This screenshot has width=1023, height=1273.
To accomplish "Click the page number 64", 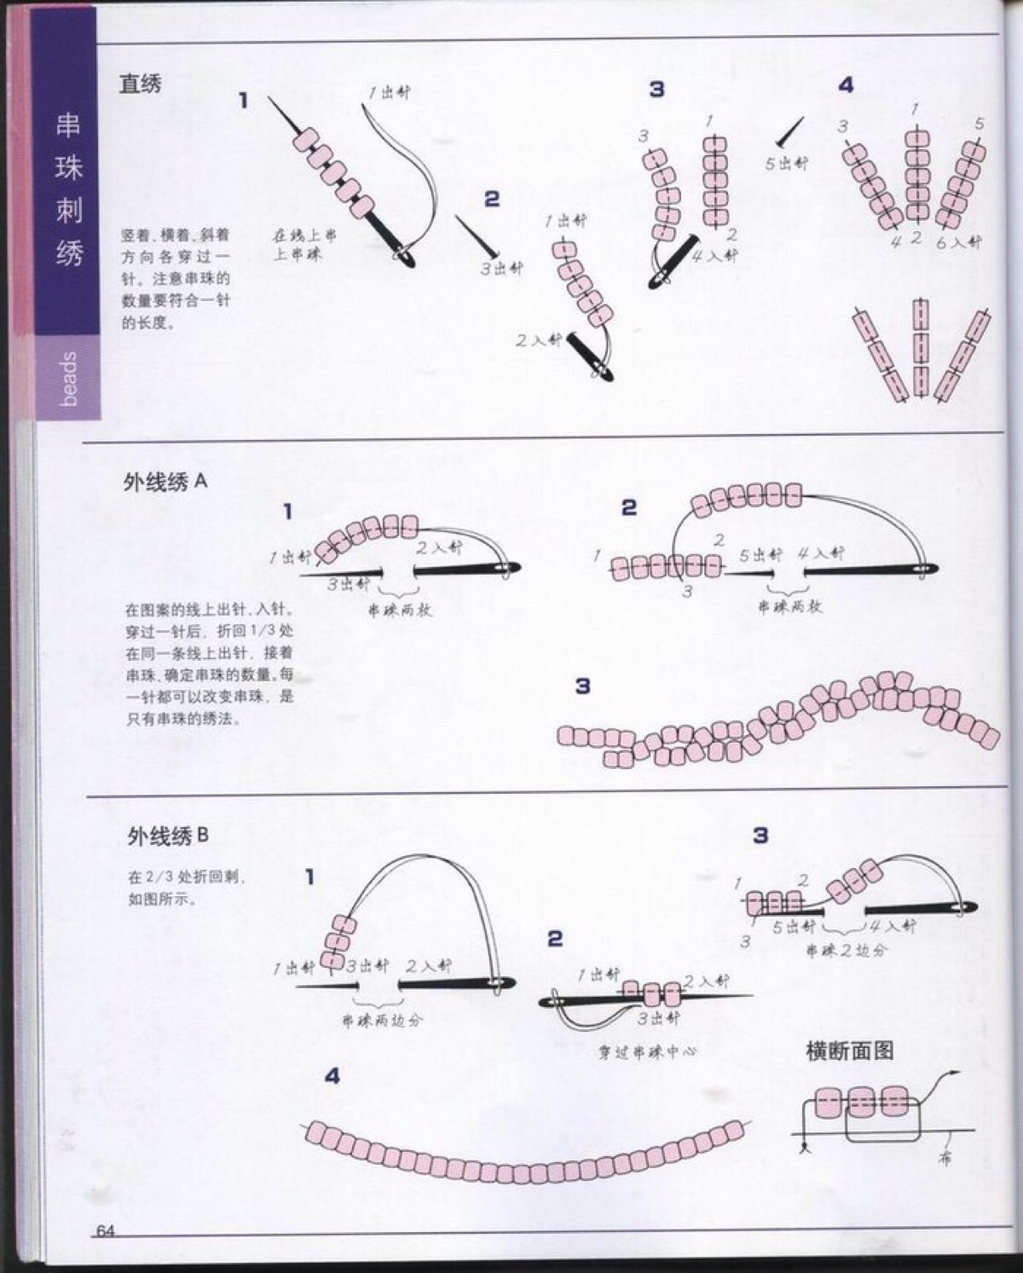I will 106,1230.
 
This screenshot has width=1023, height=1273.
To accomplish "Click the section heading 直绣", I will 141,84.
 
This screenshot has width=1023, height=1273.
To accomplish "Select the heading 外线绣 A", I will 165,483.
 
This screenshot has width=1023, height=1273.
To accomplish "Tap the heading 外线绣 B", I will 167,836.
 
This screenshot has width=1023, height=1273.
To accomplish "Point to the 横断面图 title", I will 850,1050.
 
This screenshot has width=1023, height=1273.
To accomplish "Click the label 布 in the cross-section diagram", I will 945,1159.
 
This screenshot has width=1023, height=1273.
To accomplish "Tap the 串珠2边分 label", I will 847,949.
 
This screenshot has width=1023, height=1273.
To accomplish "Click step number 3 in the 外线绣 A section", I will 582,686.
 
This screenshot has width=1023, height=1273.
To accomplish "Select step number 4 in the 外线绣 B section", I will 332,1077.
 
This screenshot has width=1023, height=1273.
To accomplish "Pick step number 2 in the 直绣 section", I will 492,199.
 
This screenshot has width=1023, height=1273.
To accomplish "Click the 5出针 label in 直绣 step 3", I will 785,163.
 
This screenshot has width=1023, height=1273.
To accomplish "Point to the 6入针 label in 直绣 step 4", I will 959,242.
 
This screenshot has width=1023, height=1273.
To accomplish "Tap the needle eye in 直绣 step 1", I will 407,254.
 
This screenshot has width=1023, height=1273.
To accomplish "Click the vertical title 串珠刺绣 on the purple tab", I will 68,189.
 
